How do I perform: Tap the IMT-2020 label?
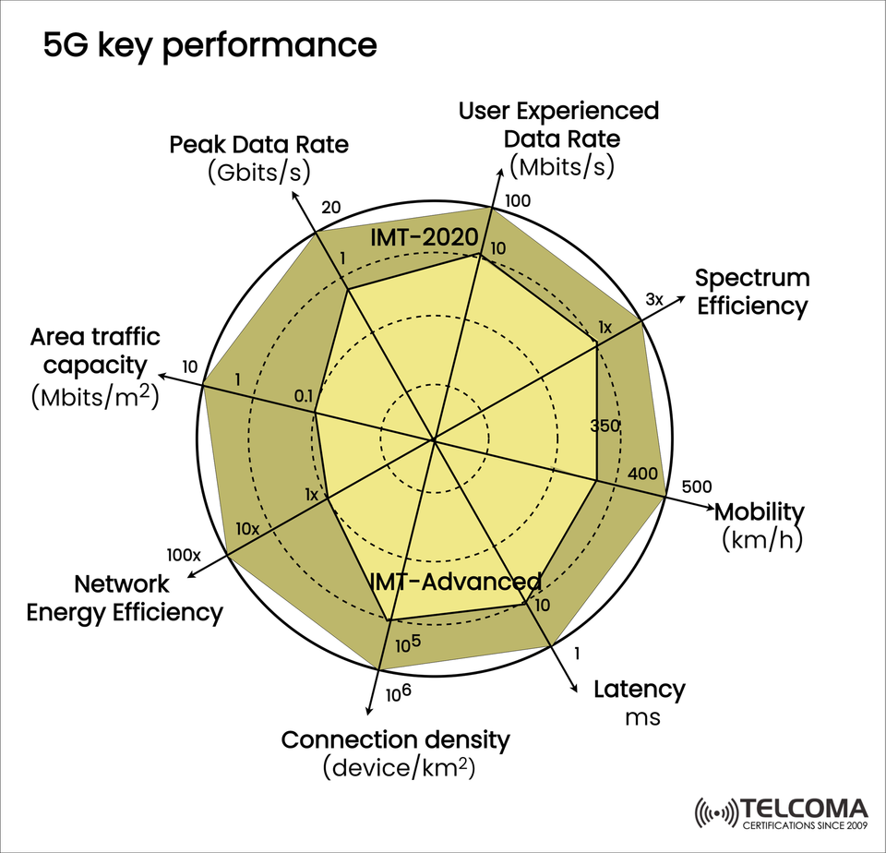pyautogui.click(x=422, y=237)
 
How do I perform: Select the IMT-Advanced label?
pyautogui.click(x=455, y=582)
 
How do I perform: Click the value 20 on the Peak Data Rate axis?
pyautogui.click(x=331, y=207)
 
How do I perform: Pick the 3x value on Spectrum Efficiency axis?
pyautogui.click(x=654, y=299)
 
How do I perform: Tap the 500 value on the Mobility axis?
pyautogui.click(x=696, y=487)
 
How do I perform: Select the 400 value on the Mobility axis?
pyautogui.click(x=642, y=475)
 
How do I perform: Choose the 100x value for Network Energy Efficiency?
pyautogui.click(x=184, y=555)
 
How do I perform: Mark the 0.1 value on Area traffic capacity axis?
pyautogui.click(x=304, y=396)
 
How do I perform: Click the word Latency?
pyautogui.click(x=640, y=690)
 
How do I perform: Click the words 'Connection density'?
pyautogui.click(x=395, y=739)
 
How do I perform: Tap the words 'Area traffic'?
pyautogui.click(x=94, y=336)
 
